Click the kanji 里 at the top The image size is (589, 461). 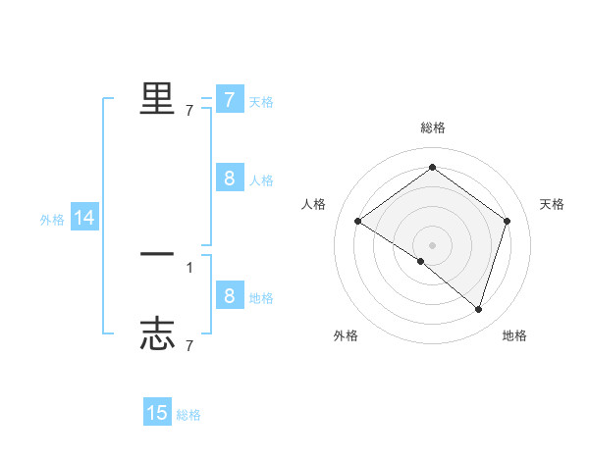point(157,98)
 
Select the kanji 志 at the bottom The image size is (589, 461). point(157,334)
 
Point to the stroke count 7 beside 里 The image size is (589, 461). point(189,111)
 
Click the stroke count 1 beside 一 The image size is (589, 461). point(189,267)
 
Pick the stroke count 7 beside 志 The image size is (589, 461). point(189,346)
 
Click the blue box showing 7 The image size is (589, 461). point(229,100)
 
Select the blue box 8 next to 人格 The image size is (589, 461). point(229,178)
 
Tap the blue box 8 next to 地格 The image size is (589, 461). point(229,295)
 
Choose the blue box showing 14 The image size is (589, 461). point(84,218)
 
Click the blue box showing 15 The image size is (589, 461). point(157,413)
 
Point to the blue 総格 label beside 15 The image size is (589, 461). point(188,415)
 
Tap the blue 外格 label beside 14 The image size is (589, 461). point(52,220)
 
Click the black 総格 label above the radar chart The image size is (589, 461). point(432,128)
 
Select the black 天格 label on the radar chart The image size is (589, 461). point(552,204)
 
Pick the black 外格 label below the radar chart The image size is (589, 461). point(346,335)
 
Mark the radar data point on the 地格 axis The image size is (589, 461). point(478,309)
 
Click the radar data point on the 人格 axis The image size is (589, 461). point(357,222)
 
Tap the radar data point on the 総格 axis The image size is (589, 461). point(432,168)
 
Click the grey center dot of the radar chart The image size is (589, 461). point(432,244)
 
